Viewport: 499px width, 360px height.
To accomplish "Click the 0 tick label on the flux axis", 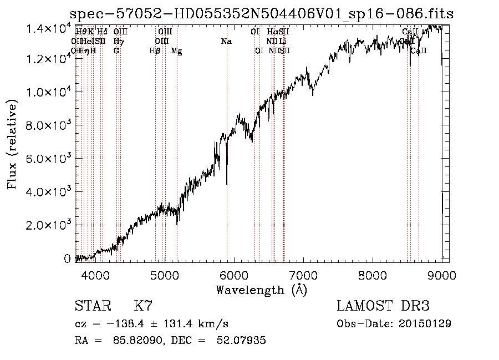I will [x=68, y=258].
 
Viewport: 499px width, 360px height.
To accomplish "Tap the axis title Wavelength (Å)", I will [x=261, y=290].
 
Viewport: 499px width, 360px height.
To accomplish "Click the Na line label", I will [x=226, y=42].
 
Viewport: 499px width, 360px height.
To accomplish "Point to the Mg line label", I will [x=176, y=51].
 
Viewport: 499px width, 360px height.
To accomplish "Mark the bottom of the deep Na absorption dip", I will [x=227, y=184].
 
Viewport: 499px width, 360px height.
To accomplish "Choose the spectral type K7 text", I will [x=143, y=306].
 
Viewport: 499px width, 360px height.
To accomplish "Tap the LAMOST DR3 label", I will [x=383, y=306].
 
